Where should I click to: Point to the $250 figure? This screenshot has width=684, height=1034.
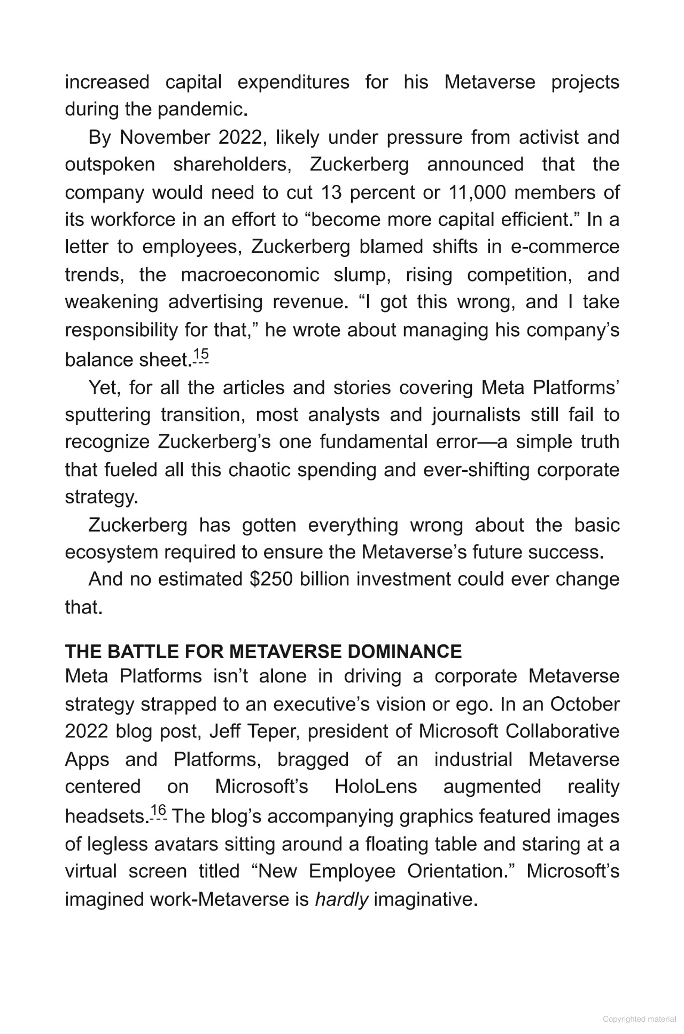coord(271,580)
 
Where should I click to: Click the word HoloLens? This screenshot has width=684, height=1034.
coord(376,787)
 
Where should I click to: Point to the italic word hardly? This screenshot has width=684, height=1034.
coord(341,900)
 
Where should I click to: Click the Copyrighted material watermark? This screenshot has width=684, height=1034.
coord(639,1019)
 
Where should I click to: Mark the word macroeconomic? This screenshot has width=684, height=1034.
coord(250,275)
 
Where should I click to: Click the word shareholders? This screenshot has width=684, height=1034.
coord(232,165)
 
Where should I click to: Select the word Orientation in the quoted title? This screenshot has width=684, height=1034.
coord(460,872)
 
